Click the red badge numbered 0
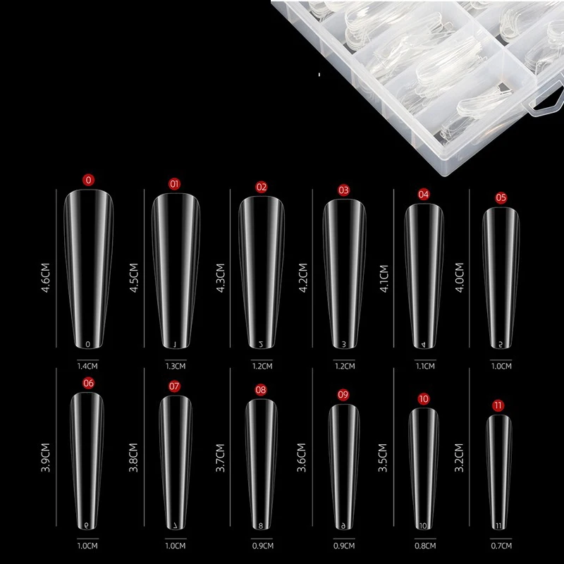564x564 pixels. tap(88, 180)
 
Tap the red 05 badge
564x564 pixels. tap(501, 197)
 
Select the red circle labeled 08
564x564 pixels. tap(261, 390)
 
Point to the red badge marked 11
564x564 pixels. tap(500, 405)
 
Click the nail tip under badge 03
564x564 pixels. tap(343, 275)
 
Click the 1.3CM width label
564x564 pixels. tap(175, 366)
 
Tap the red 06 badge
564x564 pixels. tap(88, 384)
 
